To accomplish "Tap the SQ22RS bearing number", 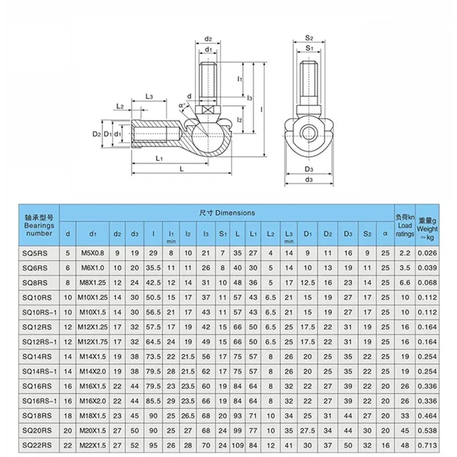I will click(x=37, y=444).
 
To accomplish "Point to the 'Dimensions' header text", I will click(x=227, y=213).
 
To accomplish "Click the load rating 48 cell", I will click(x=404, y=444).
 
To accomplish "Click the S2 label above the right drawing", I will click(x=308, y=39).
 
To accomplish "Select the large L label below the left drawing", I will click(x=181, y=169).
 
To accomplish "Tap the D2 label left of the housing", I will click(x=97, y=134).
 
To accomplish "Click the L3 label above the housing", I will click(x=149, y=97).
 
